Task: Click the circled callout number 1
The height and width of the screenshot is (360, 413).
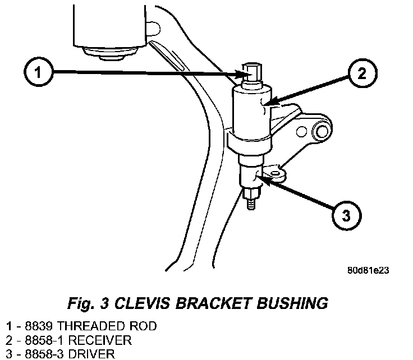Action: pos(39,72)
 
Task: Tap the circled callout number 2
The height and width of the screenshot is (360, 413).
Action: pos(362,73)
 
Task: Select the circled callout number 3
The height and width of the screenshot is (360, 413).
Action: pos(346,216)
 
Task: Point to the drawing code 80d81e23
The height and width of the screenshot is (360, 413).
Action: pos(368,270)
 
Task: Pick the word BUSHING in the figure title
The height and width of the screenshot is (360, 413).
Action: pos(292,303)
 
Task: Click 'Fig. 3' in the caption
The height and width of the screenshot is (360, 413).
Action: pos(88,303)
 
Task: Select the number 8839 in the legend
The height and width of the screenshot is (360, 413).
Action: pos(39,326)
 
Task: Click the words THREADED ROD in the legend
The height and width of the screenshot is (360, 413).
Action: pos(107,326)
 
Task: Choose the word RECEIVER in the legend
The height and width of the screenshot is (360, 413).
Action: pos(100,340)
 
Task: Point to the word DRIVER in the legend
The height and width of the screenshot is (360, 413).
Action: pos(91,354)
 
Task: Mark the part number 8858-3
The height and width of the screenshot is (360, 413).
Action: pos(44,354)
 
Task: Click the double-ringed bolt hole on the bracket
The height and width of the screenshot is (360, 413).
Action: pos(322,132)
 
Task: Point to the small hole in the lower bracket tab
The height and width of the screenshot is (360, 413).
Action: pos(276,173)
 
